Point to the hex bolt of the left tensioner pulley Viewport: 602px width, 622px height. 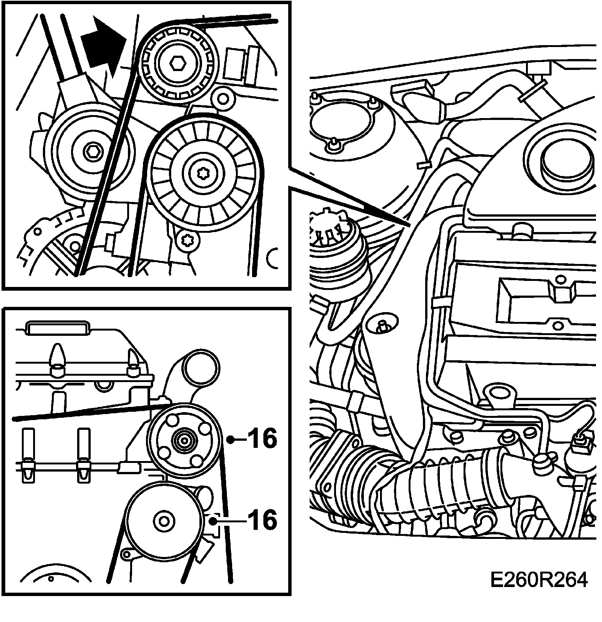coord(91,152)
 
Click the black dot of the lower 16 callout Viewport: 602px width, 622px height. coord(213,521)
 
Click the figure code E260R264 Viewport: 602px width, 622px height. coord(538,581)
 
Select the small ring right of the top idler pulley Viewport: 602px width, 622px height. coord(223,99)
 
